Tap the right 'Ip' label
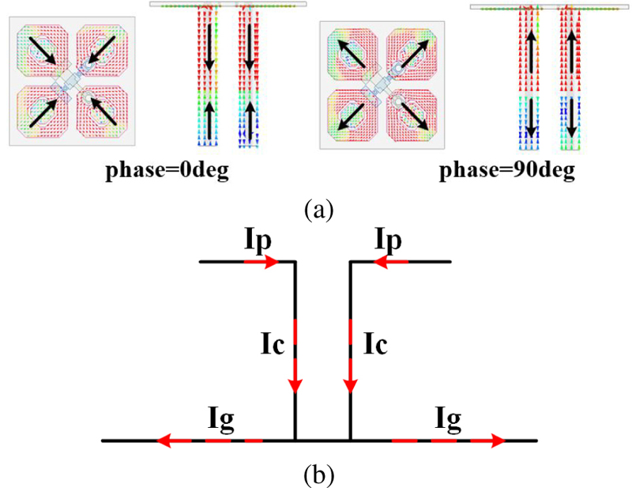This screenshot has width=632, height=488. pyautogui.click(x=395, y=240)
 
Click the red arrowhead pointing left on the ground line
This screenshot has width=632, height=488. pyautogui.click(x=165, y=440)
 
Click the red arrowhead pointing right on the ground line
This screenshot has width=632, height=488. pyautogui.click(x=496, y=440)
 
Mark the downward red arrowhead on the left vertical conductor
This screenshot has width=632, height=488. pyautogui.click(x=295, y=384)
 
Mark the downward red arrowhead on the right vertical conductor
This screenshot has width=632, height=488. pyautogui.click(x=350, y=384)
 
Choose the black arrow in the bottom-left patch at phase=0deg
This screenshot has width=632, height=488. pyautogui.click(x=44, y=112)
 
